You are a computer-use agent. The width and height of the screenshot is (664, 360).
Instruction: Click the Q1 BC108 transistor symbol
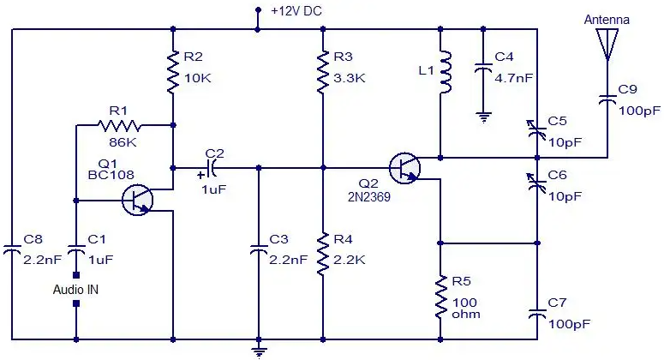(137, 200)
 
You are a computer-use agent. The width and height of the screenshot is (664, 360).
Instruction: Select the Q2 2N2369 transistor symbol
(405, 168)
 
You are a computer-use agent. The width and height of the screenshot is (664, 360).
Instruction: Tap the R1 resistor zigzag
(119, 125)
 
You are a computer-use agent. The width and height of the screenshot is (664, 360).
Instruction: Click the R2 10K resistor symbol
(173, 72)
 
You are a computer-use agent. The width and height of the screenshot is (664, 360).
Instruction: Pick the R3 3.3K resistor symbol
(323, 72)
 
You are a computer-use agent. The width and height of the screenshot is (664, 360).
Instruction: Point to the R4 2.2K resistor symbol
(323, 254)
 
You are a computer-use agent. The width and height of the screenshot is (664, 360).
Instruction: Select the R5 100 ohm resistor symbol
(441, 297)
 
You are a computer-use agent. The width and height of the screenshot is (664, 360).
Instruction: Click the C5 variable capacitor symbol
(536, 130)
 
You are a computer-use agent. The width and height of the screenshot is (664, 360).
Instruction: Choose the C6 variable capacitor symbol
(536, 183)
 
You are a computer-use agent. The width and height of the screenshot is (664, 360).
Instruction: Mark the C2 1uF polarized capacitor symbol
(211, 168)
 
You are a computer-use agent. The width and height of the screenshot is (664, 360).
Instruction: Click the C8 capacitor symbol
(12, 249)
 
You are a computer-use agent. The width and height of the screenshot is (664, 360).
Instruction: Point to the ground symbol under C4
(483, 117)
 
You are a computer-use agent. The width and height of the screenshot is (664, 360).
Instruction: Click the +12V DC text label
(296, 11)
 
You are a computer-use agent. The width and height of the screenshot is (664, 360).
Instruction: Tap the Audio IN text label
(75, 290)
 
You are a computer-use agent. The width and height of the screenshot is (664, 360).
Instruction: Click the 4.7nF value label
(514, 78)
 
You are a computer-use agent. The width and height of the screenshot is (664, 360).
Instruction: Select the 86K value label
(123, 142)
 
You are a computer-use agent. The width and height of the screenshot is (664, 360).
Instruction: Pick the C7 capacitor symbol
(537, 314)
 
